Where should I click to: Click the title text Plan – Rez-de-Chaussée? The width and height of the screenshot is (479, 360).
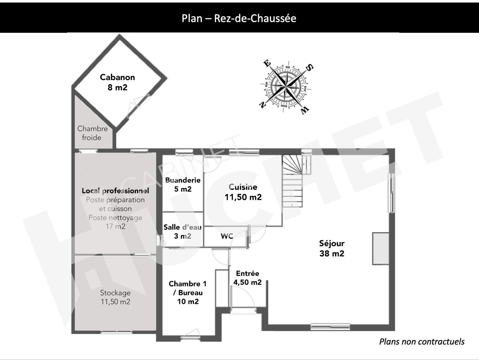point(239,18)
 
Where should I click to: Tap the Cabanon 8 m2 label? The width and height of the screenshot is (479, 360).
point(118,82)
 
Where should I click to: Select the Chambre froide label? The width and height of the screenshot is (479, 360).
point(92,133)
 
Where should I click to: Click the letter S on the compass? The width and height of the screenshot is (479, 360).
point(310,67)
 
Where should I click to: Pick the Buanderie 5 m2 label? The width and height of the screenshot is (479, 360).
point(183,184)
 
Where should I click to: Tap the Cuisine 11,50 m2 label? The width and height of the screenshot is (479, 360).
point(243,192)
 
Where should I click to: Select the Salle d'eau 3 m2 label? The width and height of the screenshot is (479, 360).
point(182,231)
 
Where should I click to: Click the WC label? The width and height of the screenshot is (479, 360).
point(227,236)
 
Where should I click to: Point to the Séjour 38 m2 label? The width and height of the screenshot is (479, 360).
point(332,248)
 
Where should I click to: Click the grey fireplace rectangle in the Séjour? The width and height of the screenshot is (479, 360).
point(381,249)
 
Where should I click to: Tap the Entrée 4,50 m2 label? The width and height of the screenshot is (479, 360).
point(247,278)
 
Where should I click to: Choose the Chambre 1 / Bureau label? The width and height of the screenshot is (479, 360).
point(188,293)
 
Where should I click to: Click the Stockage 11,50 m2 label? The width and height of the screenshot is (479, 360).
point(115,297)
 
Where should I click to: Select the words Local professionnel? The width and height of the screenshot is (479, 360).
point(115,191)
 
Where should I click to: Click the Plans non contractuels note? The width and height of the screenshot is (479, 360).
point(422,342)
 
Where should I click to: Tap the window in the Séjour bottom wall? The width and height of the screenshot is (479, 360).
point(330,327)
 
